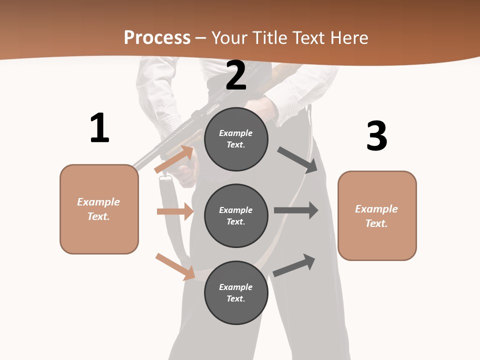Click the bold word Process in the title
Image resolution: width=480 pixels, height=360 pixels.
[x=157, y=37]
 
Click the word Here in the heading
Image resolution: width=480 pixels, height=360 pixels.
[x=348, y=37]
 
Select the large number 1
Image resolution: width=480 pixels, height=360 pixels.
[x=99, y=128]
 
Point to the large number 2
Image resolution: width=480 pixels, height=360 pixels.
[x=236, y=75]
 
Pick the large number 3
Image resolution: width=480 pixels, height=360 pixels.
[x=376, y=136]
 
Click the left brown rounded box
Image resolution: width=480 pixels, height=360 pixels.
[x=99, y=209]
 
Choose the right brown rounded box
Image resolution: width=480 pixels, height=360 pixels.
[x=377, y=215]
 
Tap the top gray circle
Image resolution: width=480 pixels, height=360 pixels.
[x=236, y=139]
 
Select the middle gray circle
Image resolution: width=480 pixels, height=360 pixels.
[x=236, y=215]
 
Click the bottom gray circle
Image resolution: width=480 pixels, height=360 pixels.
[x=236, y=292]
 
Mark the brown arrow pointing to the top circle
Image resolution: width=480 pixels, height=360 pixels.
[x=174, y=159]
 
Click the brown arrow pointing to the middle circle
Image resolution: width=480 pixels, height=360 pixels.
[x=175, y=211]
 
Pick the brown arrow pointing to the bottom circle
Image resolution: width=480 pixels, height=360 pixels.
[x=175, y=266]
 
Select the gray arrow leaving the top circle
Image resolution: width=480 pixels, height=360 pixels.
[x=298, y=160]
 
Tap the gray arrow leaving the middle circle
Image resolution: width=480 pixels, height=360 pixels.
[x=296, y=210]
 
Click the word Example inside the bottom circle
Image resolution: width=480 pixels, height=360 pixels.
[x=236, y=287]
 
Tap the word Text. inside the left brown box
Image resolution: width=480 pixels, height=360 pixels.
[x=98, y=216]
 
